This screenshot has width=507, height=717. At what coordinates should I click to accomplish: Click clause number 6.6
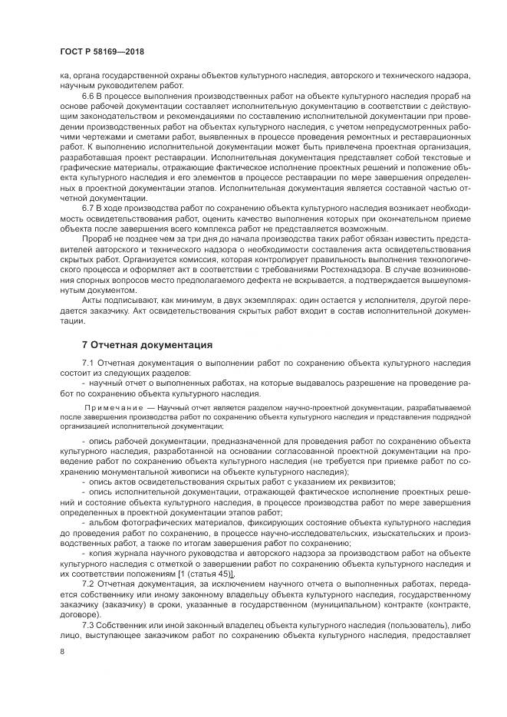coord(89,95)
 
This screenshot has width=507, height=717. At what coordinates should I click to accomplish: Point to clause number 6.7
coord(89,207)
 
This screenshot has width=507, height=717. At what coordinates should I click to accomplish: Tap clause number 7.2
coord(89,584)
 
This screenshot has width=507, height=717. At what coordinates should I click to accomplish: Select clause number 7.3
coord(89,624)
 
